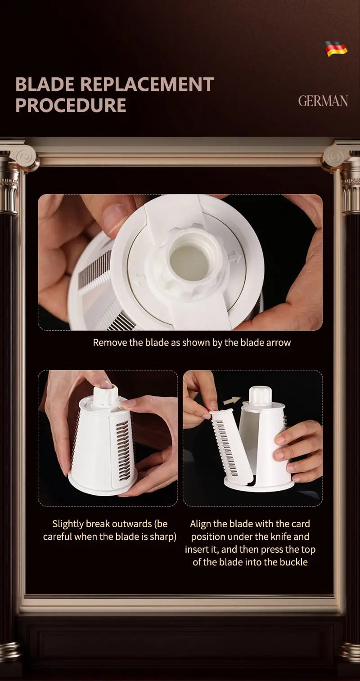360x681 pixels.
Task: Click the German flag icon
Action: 336,48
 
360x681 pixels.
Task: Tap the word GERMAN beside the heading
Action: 323,101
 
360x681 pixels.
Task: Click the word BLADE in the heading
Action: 45,85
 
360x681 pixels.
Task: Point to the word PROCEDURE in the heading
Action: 71,105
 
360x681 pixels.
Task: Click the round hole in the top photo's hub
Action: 189,262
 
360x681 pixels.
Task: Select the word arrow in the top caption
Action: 279,342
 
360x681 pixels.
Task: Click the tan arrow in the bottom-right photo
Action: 232,400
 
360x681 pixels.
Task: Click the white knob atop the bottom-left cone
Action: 105,395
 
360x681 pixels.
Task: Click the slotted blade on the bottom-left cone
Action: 123,450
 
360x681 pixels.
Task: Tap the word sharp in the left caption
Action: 162,537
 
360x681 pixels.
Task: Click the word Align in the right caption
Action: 201,524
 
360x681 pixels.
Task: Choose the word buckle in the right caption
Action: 293,562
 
